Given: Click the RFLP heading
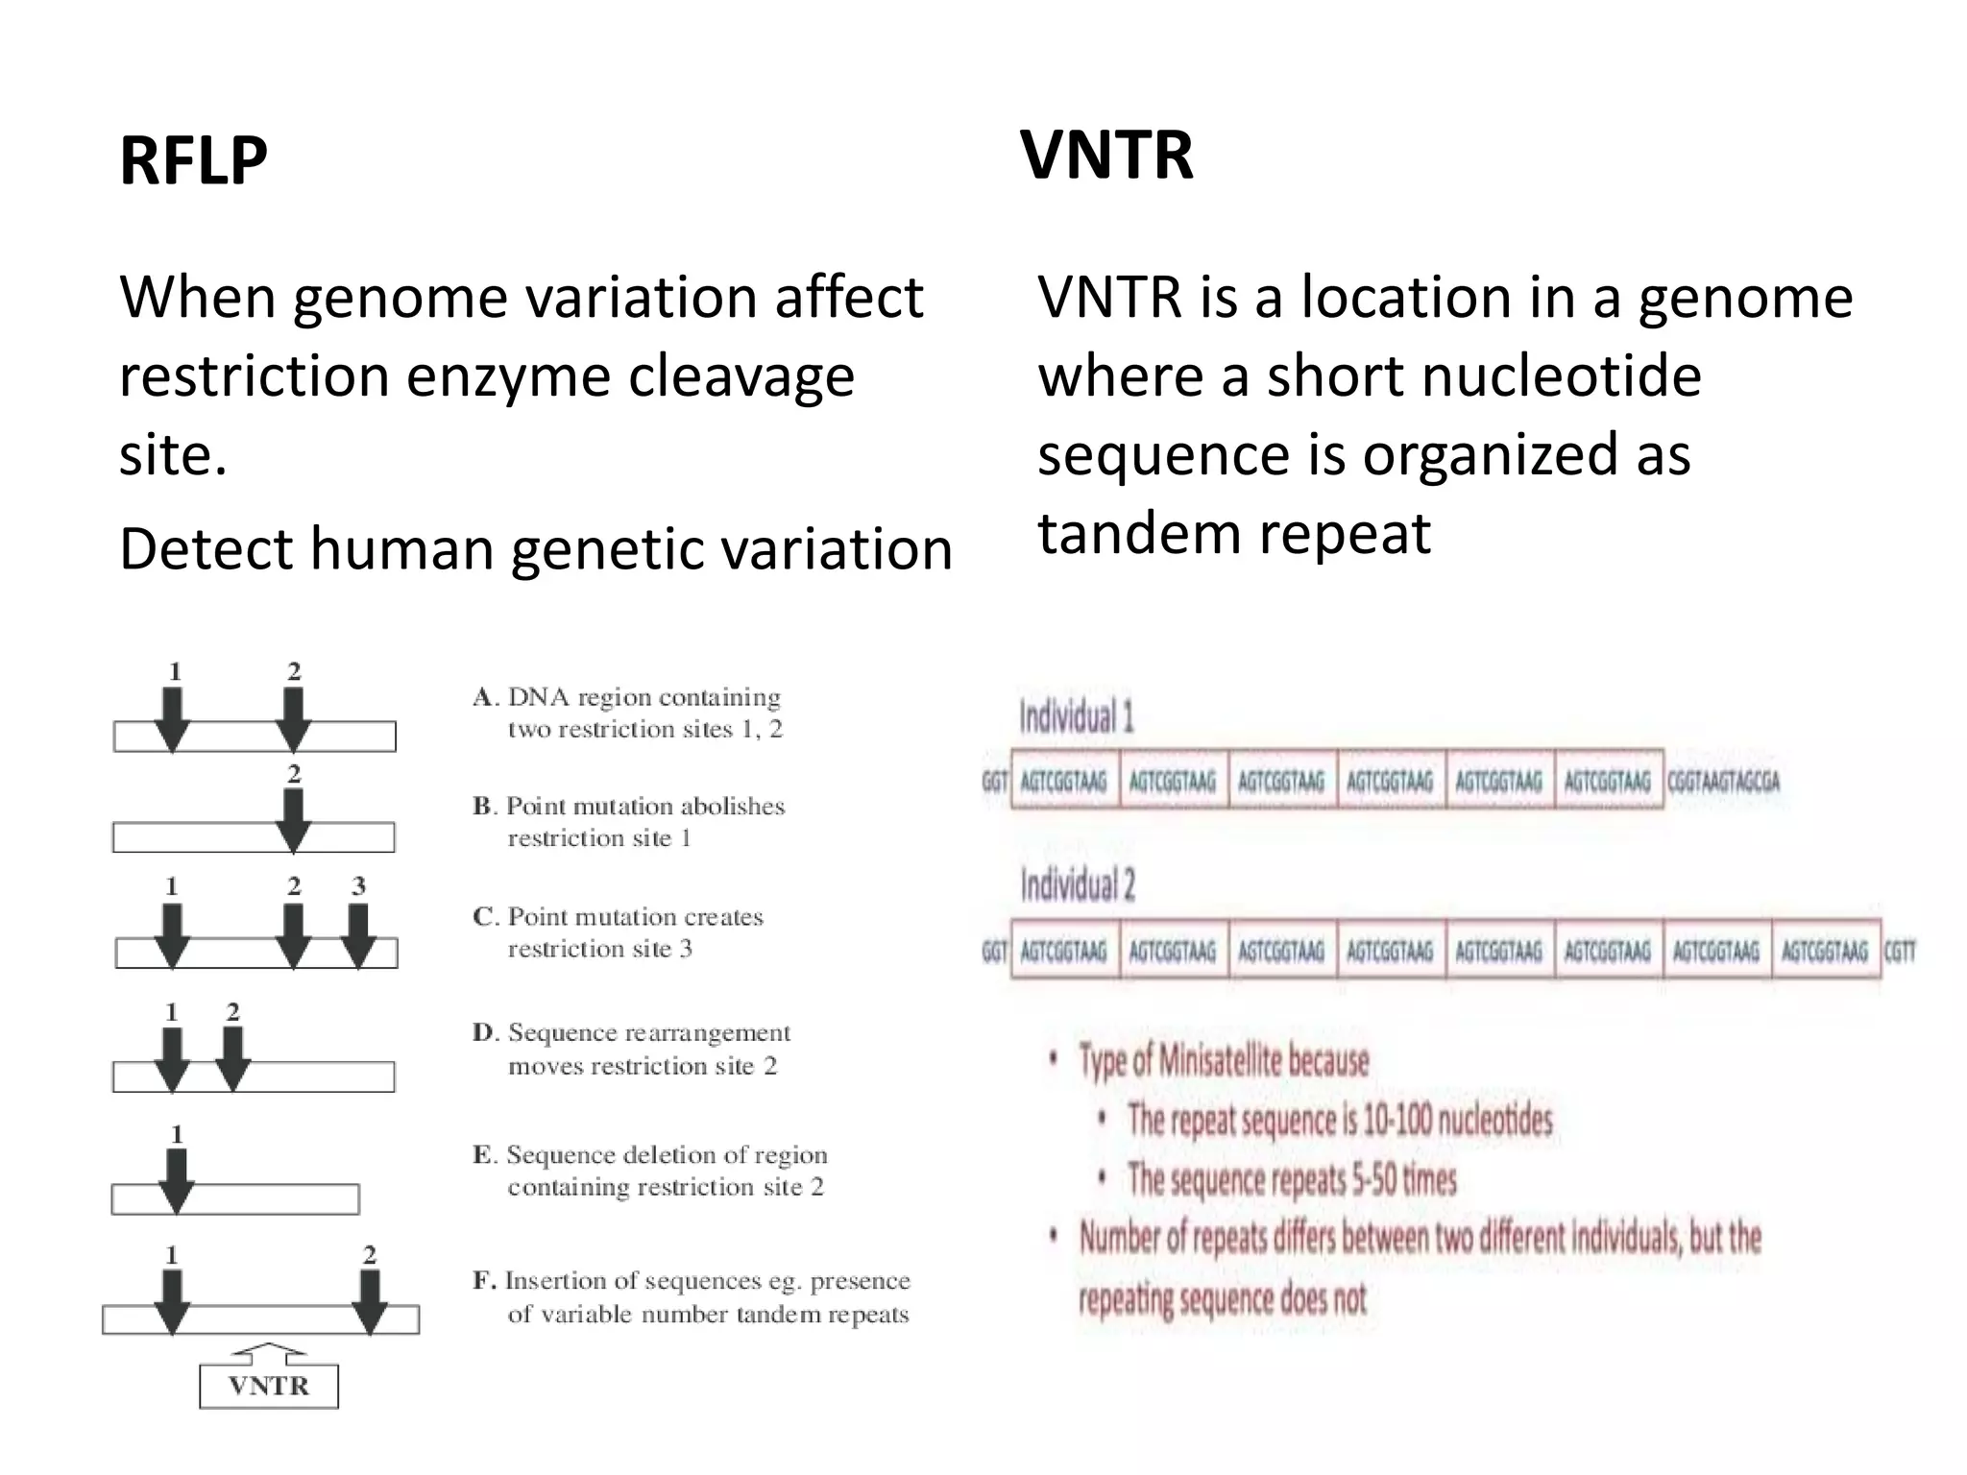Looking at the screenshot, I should pos(193,160).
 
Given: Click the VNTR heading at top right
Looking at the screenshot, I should pos(1106,155).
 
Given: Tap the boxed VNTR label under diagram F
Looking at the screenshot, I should pos(269,1386).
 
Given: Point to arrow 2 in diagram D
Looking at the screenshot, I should pos(233,1059).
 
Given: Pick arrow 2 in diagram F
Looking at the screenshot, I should pos(370,1302).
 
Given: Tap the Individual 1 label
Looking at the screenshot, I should pos(1076,717).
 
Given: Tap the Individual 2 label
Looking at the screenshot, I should pos(1077,884).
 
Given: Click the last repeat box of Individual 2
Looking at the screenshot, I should pos(1825,951).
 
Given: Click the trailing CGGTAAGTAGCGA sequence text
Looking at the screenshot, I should pos(1723,782).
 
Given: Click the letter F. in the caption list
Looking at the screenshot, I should pos(484,1281).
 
